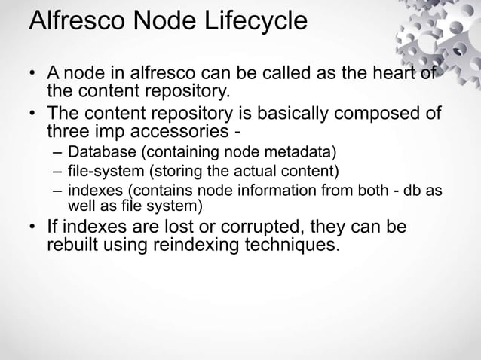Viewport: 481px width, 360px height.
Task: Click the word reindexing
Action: point(205,246)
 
